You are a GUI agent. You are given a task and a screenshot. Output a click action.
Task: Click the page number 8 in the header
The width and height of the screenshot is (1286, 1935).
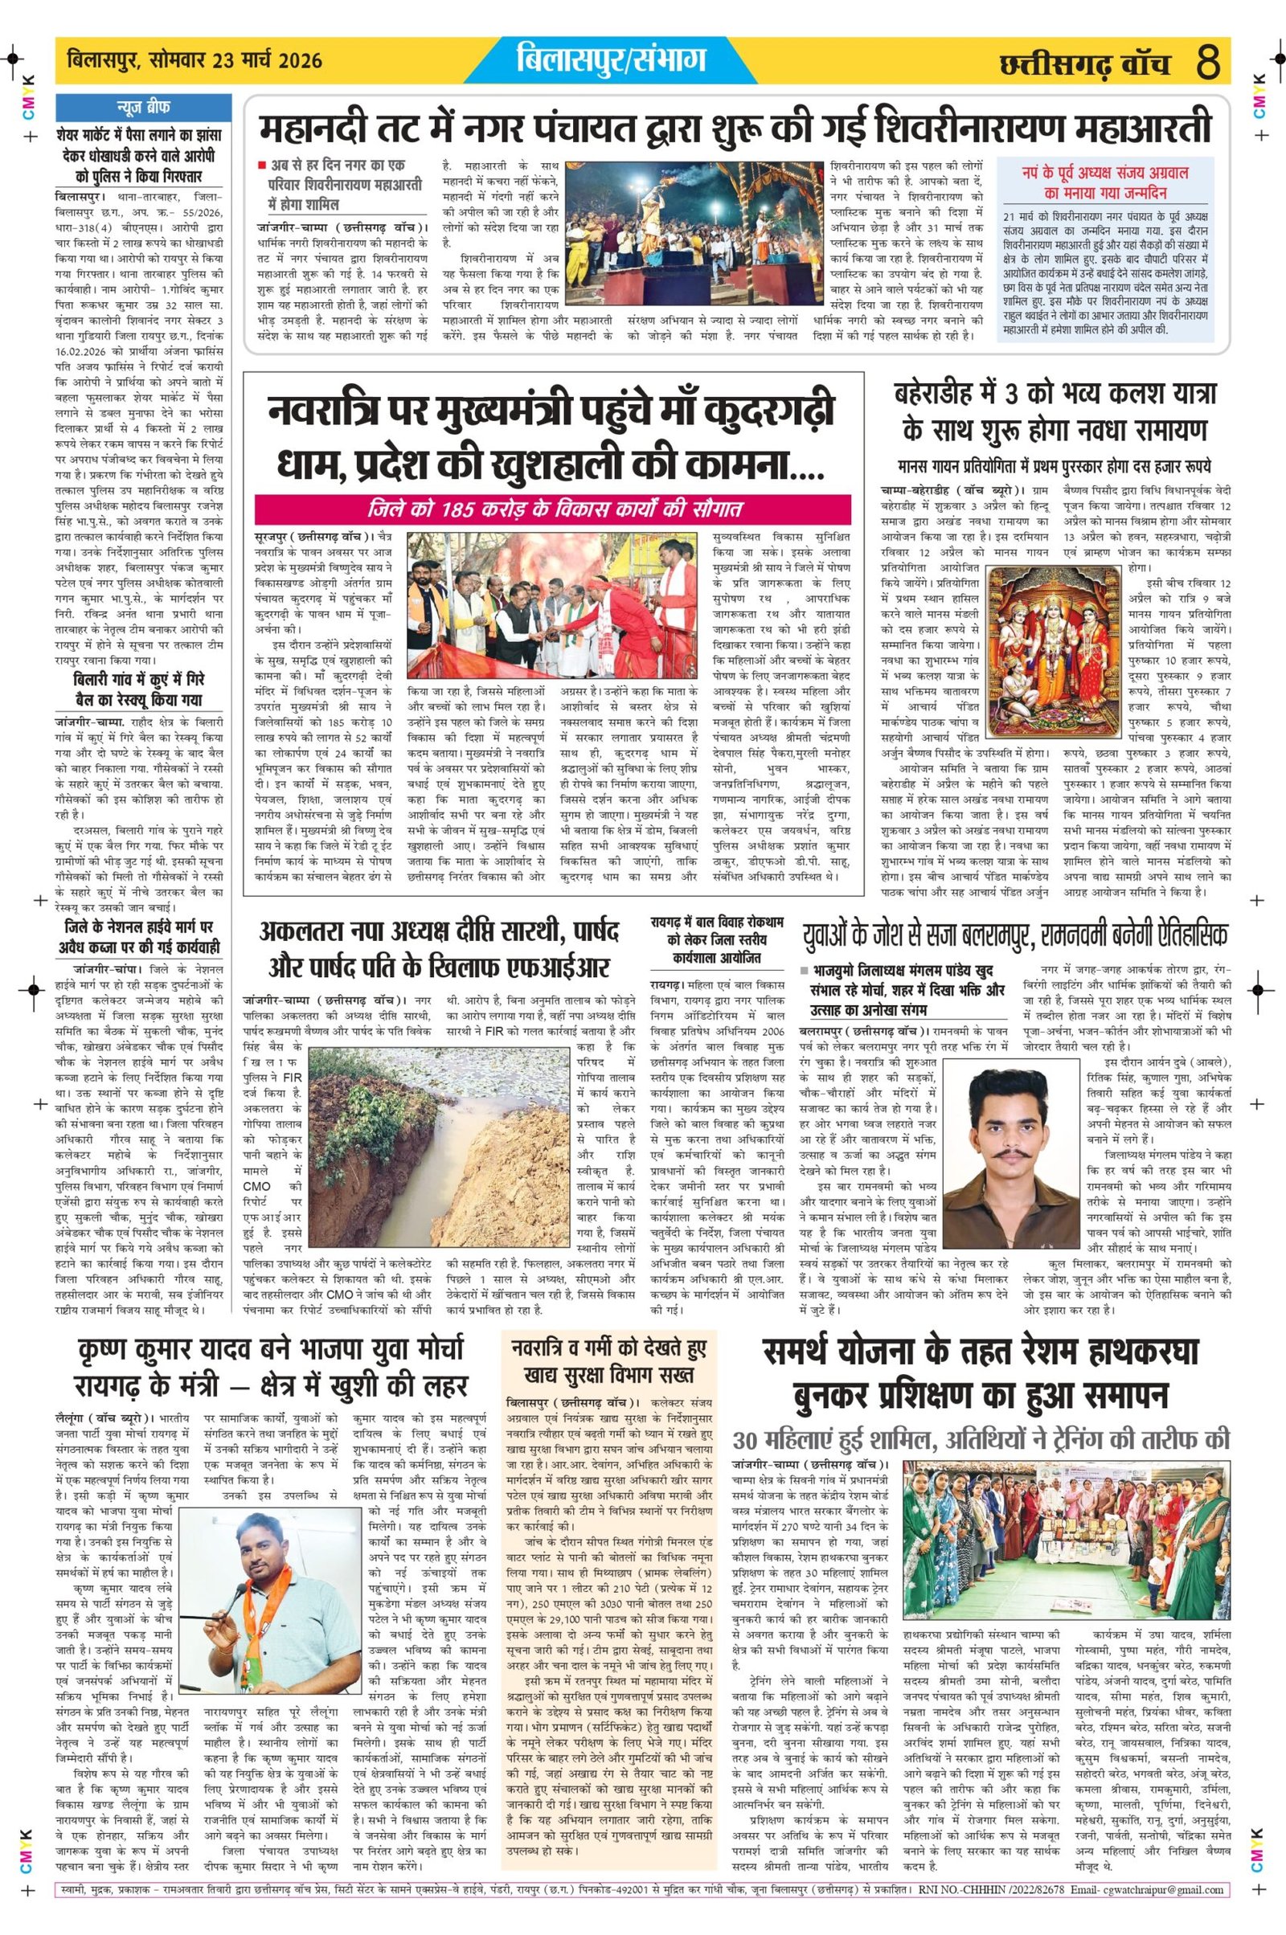tap(1208, 63)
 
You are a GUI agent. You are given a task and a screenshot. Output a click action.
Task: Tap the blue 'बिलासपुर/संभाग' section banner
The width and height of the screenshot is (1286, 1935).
tap(612, 59)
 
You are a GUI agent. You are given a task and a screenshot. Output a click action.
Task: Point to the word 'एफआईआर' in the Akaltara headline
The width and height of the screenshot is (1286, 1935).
tap(534, 969)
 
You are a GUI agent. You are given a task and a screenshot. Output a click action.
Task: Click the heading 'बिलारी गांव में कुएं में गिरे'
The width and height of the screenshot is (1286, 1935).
tap(139, 681)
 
